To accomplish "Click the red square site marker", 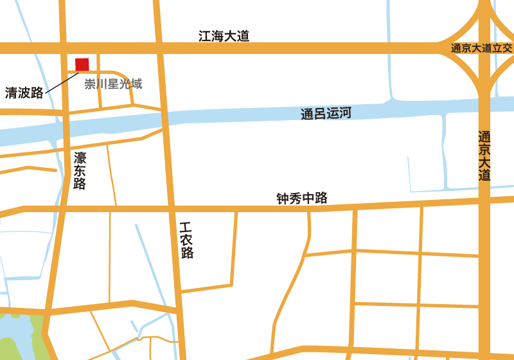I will (x=82, y=64).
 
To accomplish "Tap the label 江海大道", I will (x=224, y=37).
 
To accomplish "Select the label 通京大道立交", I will (x=481, y=48).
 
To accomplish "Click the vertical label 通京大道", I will (x=484, y=156).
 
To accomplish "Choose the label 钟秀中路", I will (x=302, y=199).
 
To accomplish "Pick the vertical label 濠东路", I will (x=80, y=170).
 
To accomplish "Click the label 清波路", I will (x=24, y=93).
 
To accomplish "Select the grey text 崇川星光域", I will (x=113, y=84).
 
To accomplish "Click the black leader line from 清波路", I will (x=62, y=83).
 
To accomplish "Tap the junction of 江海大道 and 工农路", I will (x=159, y=48).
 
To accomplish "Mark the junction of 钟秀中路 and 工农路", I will (x=173, y=209).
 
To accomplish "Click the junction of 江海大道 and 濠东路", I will (x=64, y=48).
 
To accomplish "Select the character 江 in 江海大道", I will (x=205, y=37).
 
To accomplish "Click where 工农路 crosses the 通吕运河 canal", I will (x=166, y=120).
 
